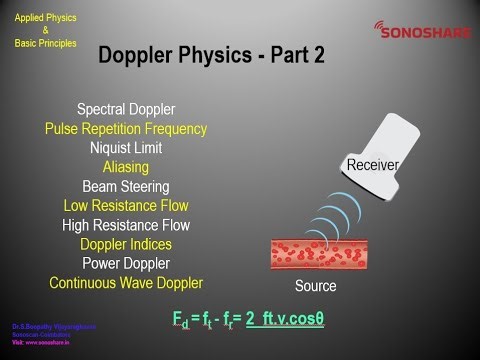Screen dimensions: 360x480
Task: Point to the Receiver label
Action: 373,163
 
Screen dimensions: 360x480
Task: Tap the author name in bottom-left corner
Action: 41,326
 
